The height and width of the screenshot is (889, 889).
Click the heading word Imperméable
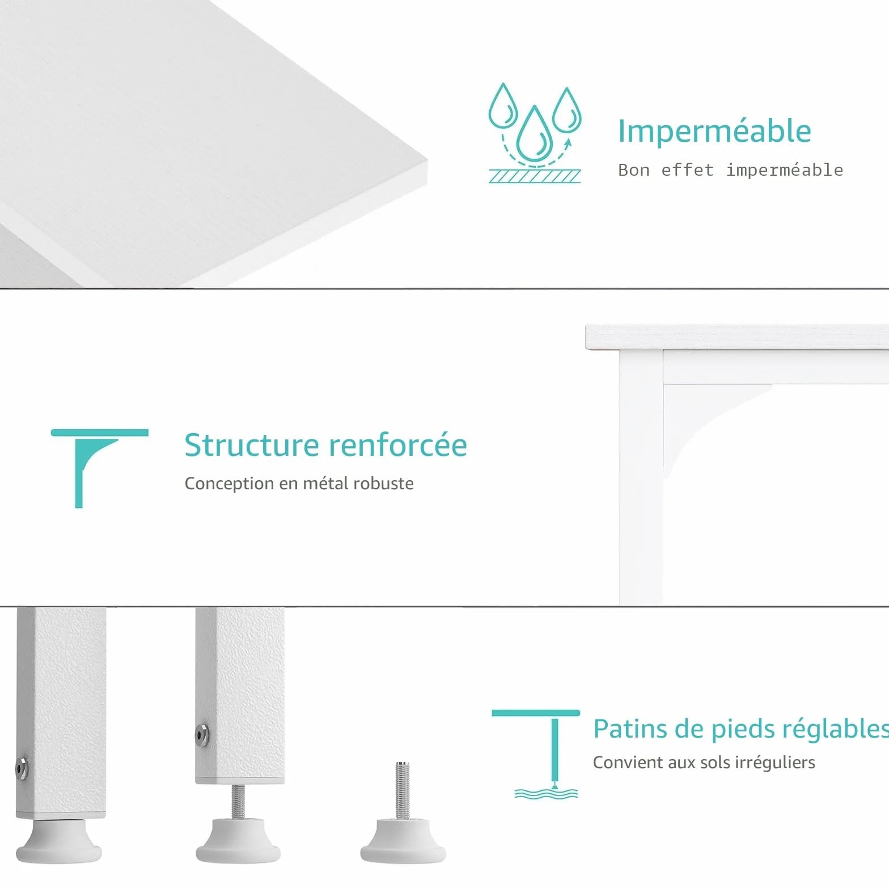(714, 132)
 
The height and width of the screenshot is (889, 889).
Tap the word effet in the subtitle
(687, 170)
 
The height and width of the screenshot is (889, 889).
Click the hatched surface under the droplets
(535, 176)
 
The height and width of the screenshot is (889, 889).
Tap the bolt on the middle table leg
(201, 735)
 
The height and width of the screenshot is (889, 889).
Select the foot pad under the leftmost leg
(58, 841)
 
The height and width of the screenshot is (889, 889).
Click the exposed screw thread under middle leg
(238, 801)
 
